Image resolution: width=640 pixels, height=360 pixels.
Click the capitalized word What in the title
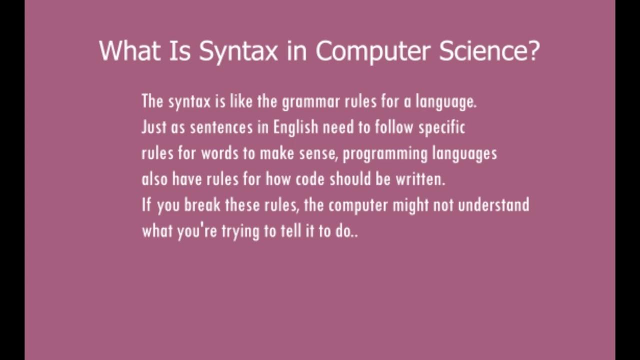128,51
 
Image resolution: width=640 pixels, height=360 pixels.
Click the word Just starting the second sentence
153,128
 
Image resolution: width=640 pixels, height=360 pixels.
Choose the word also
154,179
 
